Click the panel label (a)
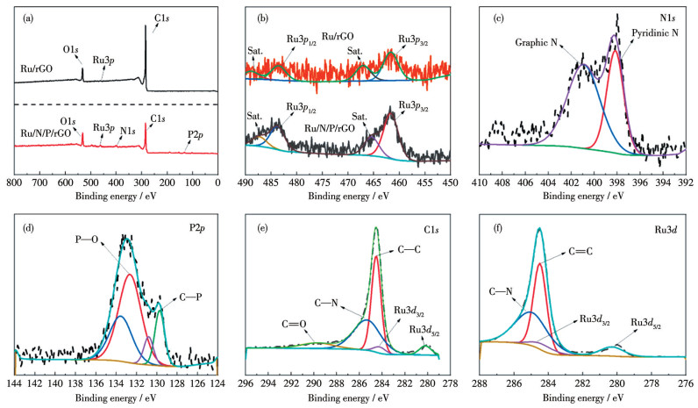tap(26, 15)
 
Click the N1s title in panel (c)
tap(666, 16)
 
